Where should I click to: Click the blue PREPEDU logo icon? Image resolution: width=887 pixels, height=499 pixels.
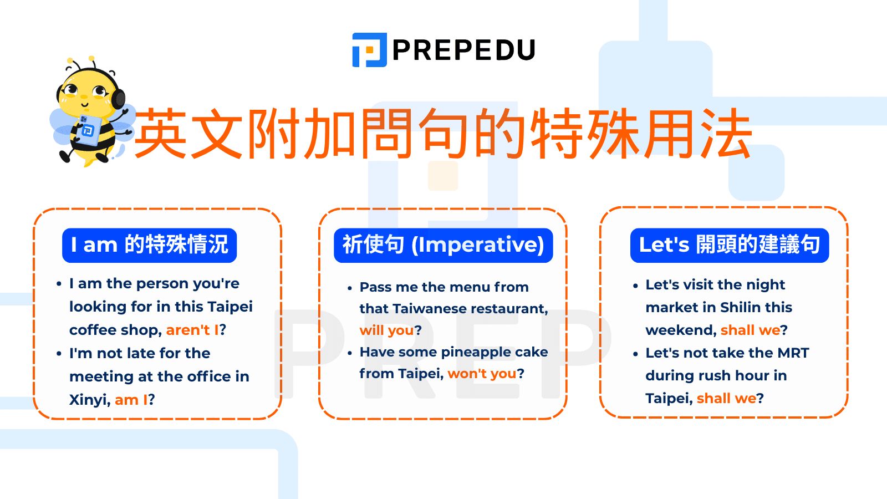coord(369,50)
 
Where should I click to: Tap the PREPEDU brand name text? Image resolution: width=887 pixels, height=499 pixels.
coord(463,50)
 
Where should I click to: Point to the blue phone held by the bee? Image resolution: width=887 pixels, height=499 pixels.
coord(86,129)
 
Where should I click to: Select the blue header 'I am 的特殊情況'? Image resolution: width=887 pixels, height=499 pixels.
coord(149,245)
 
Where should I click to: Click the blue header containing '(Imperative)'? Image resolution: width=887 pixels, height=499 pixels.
coord(443,245)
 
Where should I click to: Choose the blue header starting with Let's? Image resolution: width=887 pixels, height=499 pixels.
coord(730,245)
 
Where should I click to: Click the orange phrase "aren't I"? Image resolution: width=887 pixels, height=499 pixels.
coord(192,330)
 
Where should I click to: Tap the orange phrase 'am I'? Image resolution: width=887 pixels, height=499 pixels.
coord(131,400)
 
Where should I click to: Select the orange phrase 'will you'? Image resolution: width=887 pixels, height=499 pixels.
coord(386,330)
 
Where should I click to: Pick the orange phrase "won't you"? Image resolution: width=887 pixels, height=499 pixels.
coord(482,373)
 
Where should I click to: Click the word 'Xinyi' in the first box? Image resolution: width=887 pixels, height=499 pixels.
coord(89,400)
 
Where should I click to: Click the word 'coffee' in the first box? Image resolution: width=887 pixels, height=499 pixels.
coord(92,330)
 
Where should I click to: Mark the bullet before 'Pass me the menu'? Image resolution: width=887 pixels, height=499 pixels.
coord(350,288)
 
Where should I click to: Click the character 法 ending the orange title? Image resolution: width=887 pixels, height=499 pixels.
coord(726,133)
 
